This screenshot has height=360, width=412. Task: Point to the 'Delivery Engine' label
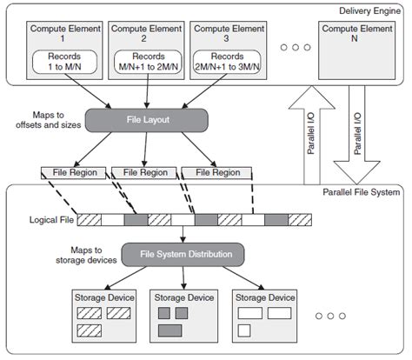[x=369, y=11]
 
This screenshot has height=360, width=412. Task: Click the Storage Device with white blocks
[x=265, y=315]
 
